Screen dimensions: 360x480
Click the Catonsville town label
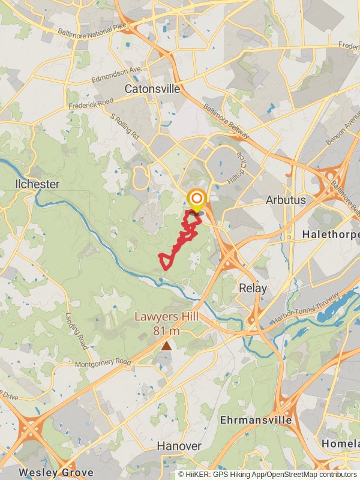[x=152, y=89]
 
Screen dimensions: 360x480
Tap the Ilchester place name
[x=37, y=184]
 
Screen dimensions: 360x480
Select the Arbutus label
[x=286, y=200]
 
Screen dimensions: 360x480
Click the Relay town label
[x=253, y=288]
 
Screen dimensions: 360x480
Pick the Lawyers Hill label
[x=166, y=317]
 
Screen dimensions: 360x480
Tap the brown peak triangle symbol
[x=166, y=346]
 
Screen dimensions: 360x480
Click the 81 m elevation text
[x=166, y=331]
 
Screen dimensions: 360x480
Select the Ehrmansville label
[x=256, y=419]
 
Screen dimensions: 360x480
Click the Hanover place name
[x=179, y=446]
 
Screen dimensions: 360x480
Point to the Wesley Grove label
[x=55, y=472]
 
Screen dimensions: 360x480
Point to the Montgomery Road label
[x=103, y=363]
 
